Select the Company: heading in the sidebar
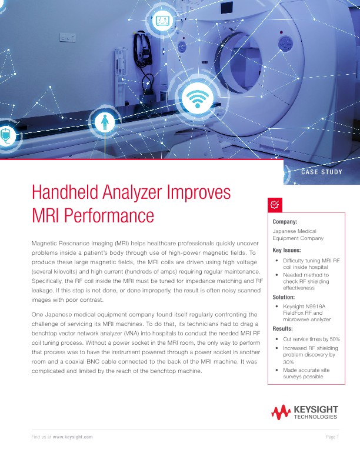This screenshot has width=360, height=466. coord(285,222)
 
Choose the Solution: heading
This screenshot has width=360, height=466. coord(284,297)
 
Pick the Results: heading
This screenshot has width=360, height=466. coord(282,328)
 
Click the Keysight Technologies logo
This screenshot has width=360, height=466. coord(305,412)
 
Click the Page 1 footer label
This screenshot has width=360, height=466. coord(332,438)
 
